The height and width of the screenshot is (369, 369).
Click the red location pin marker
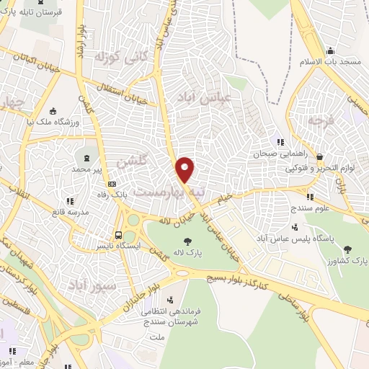185,169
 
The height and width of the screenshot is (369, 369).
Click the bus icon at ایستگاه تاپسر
119,234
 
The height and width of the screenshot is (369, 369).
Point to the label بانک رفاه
130,194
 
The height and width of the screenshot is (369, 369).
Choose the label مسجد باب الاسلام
331,63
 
